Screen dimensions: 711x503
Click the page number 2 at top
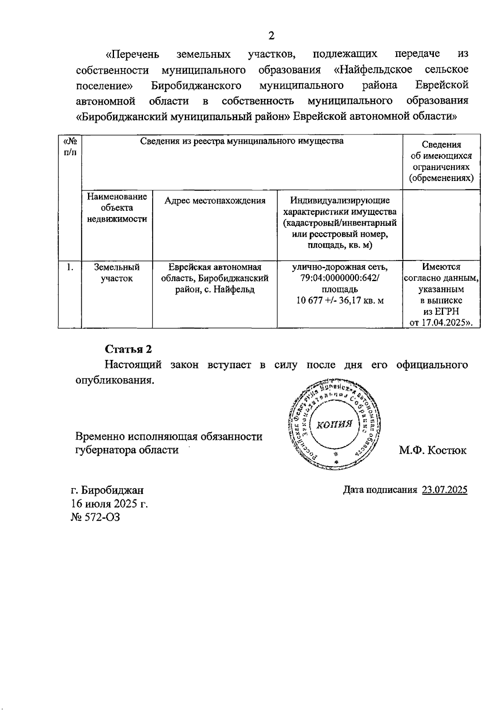click(271, 36)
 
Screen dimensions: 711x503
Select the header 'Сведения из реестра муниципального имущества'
click(242, 141)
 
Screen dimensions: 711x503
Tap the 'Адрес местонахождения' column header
click(215, 201)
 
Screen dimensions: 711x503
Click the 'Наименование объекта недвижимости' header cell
click(117, 208)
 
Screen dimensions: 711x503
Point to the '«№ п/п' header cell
click(70, 147)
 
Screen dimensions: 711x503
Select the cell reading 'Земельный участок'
click(117, 273)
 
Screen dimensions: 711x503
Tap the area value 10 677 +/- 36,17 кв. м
click(340, 301)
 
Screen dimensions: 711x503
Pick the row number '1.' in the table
click(70, 267)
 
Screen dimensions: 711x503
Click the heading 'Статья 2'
click(128, 349)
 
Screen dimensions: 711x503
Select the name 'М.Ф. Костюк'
click(433, 450)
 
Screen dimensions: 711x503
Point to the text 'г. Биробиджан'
click(107, 490)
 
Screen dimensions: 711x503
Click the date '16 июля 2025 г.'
click(109, 504)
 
